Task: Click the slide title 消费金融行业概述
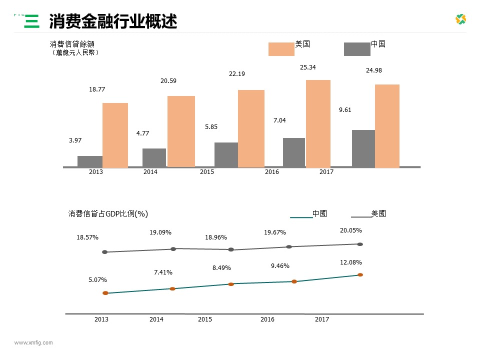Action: (112, 21)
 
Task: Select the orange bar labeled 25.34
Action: (318, 123)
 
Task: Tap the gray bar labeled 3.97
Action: (90, 161)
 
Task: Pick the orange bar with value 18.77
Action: (115, 135)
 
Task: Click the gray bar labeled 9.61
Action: (363, 148)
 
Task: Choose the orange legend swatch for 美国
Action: (281, 49)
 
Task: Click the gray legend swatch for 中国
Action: (357, 49)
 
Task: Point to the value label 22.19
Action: (237, 74)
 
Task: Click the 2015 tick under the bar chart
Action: (207, 172)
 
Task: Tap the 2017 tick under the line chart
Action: (322, 319)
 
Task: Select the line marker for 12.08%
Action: (360, 274)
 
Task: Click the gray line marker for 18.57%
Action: (104, 252)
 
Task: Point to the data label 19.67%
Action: (274, 232)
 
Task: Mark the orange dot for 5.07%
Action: (105, 293)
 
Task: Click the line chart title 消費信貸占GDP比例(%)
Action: (108, 213)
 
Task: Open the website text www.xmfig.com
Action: (33, 342)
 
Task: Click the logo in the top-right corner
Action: (460, 19)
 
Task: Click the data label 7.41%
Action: (163, 272)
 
